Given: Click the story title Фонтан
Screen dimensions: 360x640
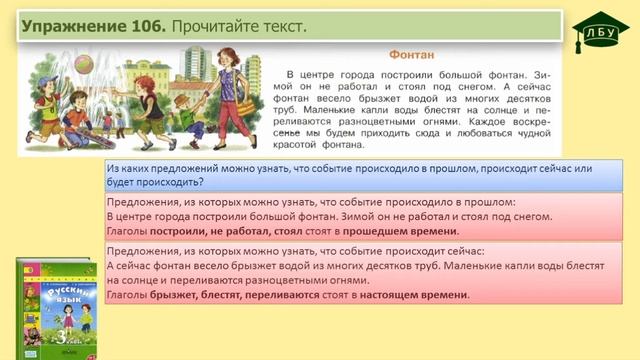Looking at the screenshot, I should pyautogui.click(x=408, y=56).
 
